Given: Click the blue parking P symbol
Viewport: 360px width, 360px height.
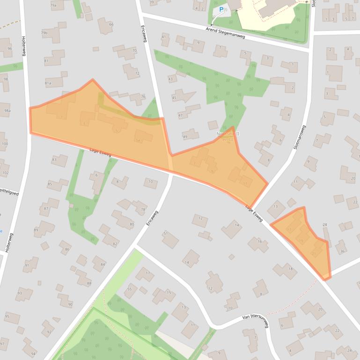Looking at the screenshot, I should tap(221, 9).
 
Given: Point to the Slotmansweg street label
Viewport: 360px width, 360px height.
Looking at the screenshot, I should tap(299, 138).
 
